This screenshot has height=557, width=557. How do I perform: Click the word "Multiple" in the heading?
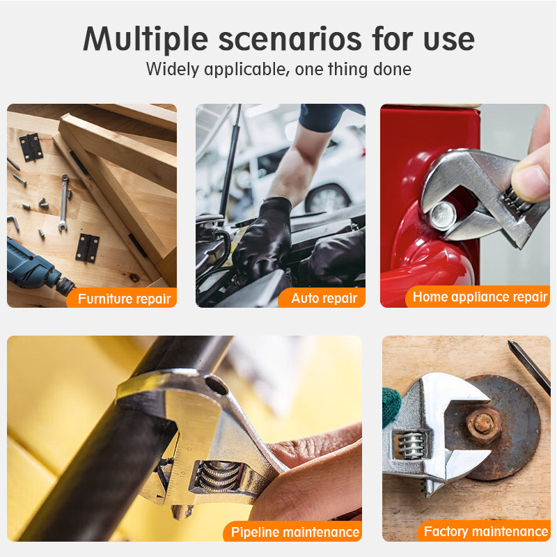pos(146,40)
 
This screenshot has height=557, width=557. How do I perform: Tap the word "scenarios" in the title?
pos(290,39)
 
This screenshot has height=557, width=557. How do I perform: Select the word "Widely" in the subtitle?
pos(173,70)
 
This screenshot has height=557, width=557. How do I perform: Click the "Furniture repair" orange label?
pos(121,298)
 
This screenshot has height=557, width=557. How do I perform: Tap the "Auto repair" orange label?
pos(322,298)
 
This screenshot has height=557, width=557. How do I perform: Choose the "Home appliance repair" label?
pos(478,297)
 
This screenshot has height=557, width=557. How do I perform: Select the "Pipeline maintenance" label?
pos(292,531)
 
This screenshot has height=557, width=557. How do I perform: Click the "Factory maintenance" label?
pos(484,531)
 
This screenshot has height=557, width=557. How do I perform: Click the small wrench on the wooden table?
pos(63,203)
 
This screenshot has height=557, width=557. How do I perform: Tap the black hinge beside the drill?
pos(87,249)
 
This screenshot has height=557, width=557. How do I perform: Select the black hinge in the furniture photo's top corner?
pos(31,147)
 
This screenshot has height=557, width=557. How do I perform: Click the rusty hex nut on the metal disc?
pos(483,425)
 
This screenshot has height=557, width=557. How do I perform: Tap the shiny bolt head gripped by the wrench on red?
pos(443,215)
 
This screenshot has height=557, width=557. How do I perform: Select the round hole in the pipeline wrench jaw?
pos(217,386)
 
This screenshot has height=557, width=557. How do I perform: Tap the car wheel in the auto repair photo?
pos(327,198)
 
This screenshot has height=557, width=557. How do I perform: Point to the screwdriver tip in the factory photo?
pos(510,343)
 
